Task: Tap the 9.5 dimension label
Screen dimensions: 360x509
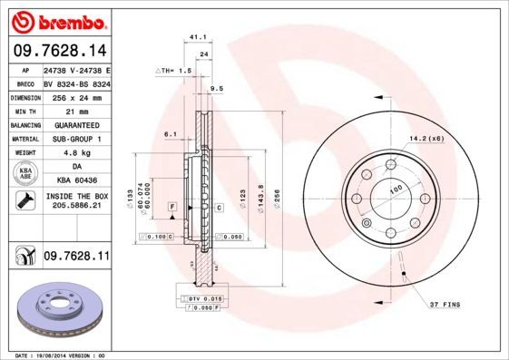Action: pyautogui.click(x=216, y=88)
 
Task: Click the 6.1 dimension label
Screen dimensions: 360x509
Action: pyautogui.click(x=170, y=133)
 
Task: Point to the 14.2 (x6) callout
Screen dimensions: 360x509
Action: pyautogui.click(x=426, y=138)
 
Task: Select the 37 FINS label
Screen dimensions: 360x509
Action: pyautogui.click(x=445, y=302)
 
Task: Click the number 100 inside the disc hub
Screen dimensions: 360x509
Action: pyautogui.click(x=396, y=189)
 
